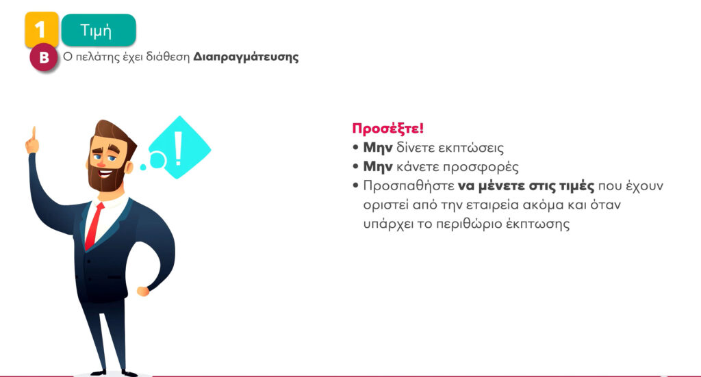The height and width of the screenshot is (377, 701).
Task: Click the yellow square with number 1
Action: [42, 29]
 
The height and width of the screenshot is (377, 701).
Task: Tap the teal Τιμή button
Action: [99, 30]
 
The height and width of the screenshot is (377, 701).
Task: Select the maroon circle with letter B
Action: [44, 57]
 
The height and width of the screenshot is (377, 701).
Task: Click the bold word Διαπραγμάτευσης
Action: [246, 57]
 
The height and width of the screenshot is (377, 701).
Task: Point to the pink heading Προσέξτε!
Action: [387, 129]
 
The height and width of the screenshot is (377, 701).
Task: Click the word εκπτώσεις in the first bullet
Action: [470, 148]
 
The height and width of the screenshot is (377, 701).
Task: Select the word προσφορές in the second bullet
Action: [481, 167]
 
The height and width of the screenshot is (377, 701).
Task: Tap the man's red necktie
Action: [94, 226]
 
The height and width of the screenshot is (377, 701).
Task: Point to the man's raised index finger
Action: [34, 133]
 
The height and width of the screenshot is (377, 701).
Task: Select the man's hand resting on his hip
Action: [143, 291]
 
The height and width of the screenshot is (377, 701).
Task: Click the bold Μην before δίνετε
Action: [378, 148]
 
